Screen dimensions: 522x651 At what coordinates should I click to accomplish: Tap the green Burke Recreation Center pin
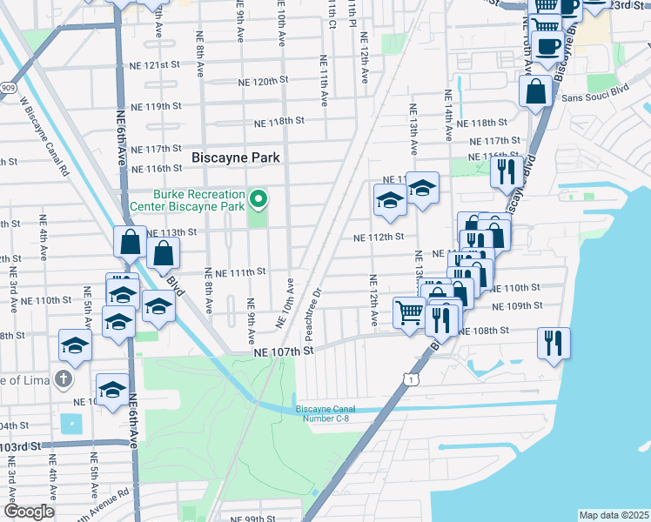coord(258,201)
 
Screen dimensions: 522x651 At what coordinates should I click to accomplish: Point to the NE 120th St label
coord(263,81)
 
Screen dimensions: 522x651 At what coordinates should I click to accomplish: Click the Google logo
coord(28,512)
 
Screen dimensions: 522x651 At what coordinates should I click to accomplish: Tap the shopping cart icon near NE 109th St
coord(410,311)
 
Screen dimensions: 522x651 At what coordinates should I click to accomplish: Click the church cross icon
coord(63,378)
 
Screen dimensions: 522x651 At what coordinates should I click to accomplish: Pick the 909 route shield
coord(7,88)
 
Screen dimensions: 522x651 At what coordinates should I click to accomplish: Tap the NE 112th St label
coord(379,237)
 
